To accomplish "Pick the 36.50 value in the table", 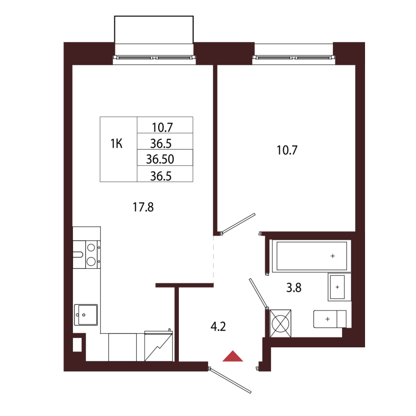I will [164, 158].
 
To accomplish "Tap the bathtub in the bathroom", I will [311, 256].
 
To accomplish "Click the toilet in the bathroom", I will [329, 318].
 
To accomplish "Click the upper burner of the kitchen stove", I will [91, 248].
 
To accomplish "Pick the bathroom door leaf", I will [258, 293].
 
